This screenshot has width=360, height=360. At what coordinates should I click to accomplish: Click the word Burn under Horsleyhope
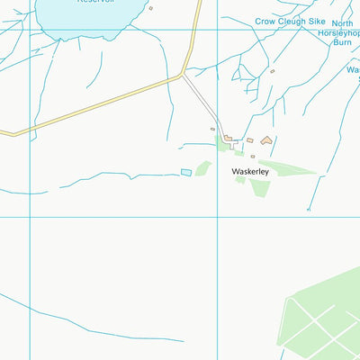point(343,41)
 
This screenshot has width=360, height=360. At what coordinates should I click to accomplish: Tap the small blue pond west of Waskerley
point(186,172)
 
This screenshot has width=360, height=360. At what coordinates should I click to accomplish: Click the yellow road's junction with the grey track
point(184,76)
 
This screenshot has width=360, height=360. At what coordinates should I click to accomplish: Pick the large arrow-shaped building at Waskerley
point(265,140)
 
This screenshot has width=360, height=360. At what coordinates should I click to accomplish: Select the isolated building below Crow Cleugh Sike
point(272,71)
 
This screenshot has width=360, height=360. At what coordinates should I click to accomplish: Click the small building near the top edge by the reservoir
point(150,8)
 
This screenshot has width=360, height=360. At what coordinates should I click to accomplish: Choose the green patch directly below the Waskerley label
point(259,188)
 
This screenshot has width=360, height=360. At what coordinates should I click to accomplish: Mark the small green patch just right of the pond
point(203,168)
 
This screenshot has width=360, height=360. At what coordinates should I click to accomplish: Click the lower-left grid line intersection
point(30,217)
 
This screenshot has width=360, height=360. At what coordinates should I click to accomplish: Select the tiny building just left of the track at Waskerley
point(213,129)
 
